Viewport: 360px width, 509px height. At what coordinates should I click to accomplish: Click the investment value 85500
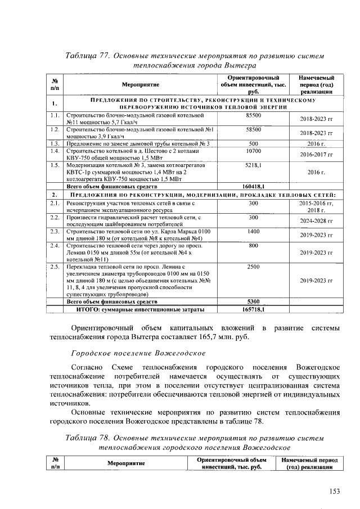click(253, 115)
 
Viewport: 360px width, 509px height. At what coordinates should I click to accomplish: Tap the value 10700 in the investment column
click(253, 151)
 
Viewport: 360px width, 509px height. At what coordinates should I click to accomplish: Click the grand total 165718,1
click(253, 309)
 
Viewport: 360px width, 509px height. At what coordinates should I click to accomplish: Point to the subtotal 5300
click(253, 301)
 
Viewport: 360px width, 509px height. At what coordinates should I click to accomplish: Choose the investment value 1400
click(253, 232)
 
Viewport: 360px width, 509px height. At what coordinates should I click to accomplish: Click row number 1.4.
click(55, 151)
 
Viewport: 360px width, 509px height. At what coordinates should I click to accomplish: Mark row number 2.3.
click(55, 232)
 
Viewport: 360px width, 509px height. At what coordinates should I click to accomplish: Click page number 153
click(335, 492)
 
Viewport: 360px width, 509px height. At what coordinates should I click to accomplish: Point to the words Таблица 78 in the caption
click(88, 437)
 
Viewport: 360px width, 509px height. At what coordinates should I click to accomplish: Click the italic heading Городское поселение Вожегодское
click(136, 354)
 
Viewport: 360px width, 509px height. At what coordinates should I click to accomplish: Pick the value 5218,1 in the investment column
click(253, 166)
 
